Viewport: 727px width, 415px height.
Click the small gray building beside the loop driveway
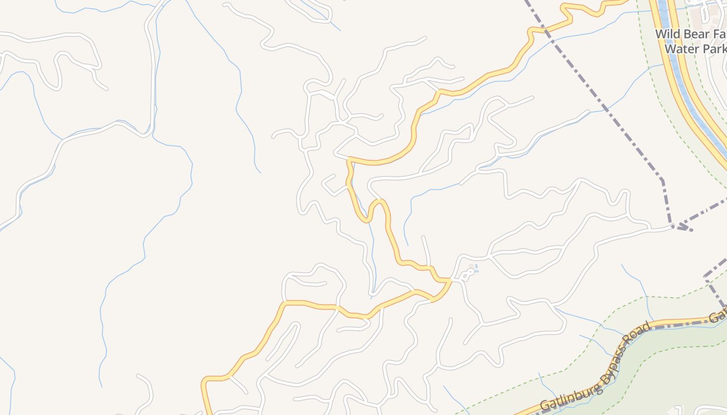point(472,267)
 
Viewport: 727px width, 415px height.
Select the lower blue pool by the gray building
point(476,271)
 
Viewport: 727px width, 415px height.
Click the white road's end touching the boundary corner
point(673,226)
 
